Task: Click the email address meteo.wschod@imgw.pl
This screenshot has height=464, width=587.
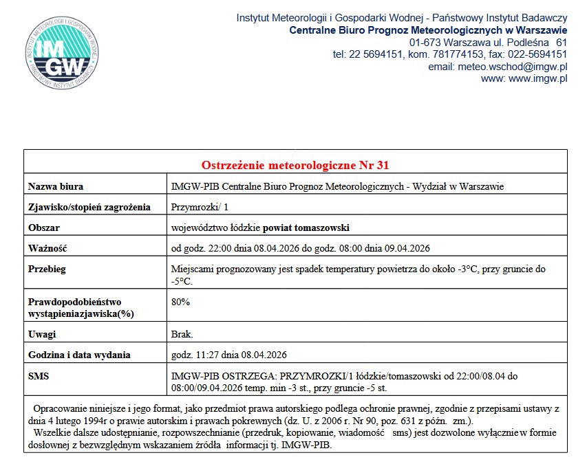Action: click(498, 67)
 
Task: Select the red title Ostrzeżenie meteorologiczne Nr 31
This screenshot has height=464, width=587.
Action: click(296, 165)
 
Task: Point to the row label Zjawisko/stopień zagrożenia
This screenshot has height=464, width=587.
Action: click(89, 207)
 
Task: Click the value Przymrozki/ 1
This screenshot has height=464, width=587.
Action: click(200, 207)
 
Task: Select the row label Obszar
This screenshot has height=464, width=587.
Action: click(44, 228)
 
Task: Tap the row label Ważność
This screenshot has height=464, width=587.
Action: click(47, 248)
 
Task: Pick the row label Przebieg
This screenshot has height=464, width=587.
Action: click(47, 269)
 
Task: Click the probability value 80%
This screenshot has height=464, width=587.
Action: click(180, 302)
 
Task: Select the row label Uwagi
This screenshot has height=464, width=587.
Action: click(42, 335)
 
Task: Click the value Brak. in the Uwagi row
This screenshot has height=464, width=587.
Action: click(182, 335)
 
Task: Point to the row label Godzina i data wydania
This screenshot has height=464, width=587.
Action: click(79, 355)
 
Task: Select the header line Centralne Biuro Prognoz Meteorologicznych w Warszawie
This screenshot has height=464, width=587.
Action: click(428, 30)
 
